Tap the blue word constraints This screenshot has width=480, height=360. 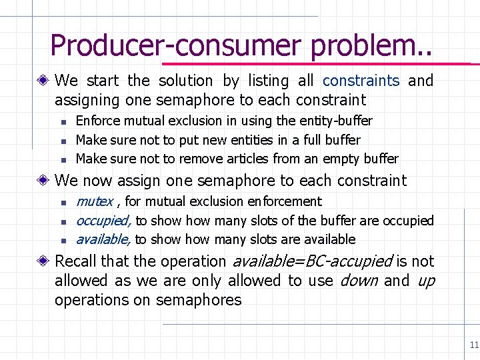coord(361,81)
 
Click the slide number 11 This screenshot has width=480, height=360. coord(474,345)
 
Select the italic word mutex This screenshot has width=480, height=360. coord(94,201)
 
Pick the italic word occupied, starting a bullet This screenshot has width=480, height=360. coord(104,221)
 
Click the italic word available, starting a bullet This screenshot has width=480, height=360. coord(103,239)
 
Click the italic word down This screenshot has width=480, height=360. coord(359,281)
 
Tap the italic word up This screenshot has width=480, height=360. coord(425,281)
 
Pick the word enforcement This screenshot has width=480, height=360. coord(287,201)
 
